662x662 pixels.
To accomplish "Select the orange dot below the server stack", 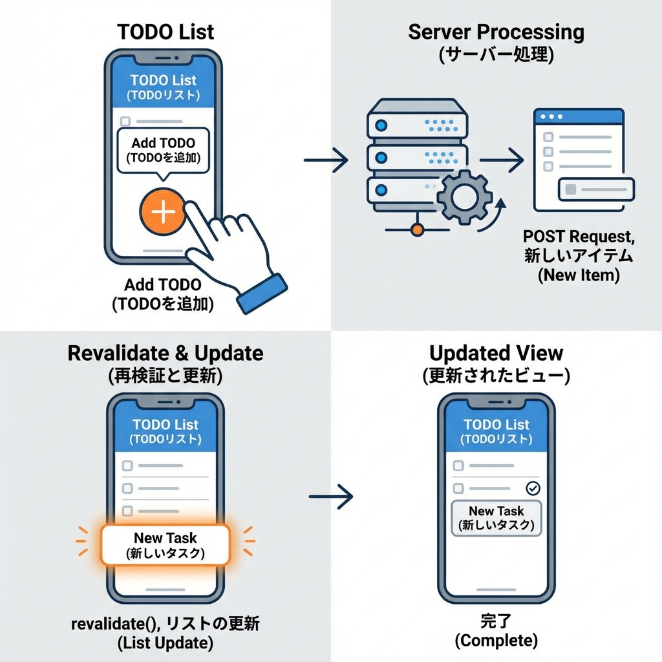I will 416,229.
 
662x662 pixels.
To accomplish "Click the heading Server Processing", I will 496,32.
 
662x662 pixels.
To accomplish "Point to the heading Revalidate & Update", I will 165,354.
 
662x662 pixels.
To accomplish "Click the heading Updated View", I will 496,354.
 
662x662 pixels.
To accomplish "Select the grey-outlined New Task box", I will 496,517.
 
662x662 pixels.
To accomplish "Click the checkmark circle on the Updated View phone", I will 533,488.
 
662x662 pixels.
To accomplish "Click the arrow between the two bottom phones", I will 331,496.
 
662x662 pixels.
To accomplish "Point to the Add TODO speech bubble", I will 163,149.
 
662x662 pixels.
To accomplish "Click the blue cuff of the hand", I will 262,294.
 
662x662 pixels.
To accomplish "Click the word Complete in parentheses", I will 496,641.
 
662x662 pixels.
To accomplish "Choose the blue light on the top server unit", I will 381,123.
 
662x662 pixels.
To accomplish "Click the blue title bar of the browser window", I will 579,117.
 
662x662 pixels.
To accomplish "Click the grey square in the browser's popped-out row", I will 571,189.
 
